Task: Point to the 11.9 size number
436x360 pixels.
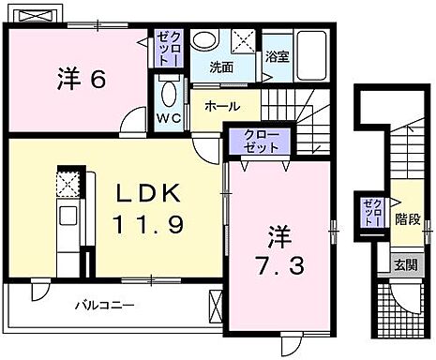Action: [x=148, y=225]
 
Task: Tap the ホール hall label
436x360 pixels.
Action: [x=221, y=106]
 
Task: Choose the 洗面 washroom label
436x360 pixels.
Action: [x=221, y=67]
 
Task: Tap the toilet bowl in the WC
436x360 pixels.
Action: [x=169, y=95]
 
